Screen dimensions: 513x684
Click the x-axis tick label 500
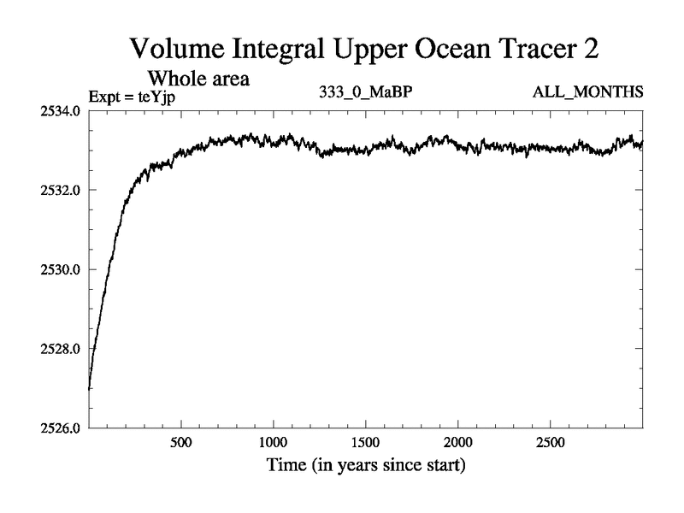pos(180,443)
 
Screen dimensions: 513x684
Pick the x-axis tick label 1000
pos(273,443)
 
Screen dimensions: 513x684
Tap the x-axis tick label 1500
pos(365,443)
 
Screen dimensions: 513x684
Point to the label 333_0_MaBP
pos(358,93)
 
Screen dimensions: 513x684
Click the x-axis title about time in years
pos(365,467)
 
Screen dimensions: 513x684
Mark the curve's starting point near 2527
pos(90,389)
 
